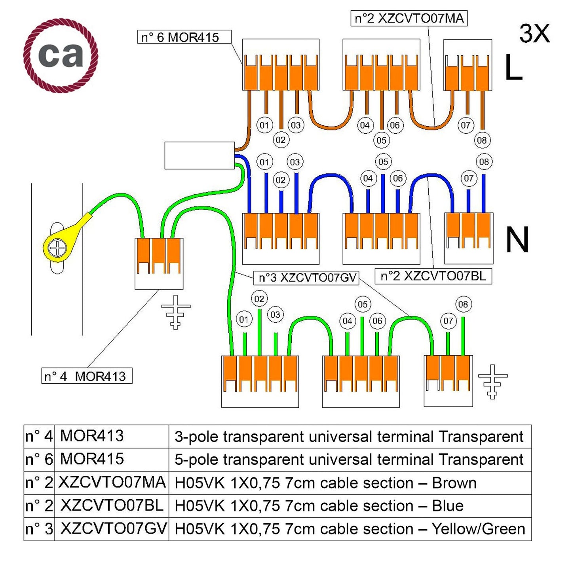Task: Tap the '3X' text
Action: [x=534, y=34]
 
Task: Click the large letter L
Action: [x=513, y=67]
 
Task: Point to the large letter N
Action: [x=517, y=240]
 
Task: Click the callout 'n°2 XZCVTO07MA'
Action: [x=409, y=19]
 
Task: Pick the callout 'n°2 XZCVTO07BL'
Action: [x=433, y=276]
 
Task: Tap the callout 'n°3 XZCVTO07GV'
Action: [x=306, y=278]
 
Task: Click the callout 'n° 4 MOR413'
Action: [x=87, y=376]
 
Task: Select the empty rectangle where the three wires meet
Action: [x=200, y=155]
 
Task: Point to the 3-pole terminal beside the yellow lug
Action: [x=159, y=263]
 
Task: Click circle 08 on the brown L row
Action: [x=481, y=140]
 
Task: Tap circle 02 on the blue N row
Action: [x=281, y=180]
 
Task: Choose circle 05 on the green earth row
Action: [x=363, y=305]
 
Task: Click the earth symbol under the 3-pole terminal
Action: [x=176, y=312]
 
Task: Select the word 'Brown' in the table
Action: [x=454, y=483]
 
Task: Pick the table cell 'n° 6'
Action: [x=39, y=459]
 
